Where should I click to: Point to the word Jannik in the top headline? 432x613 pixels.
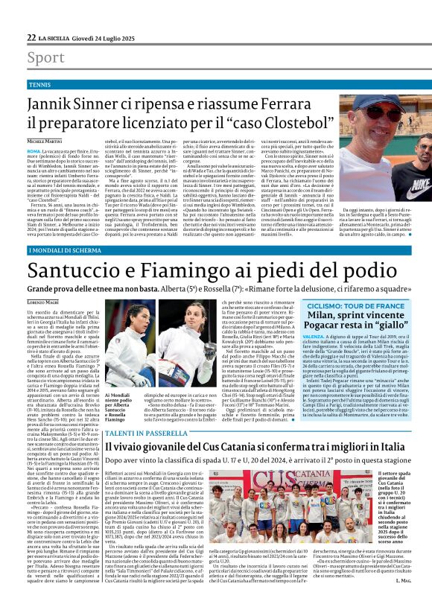pyautogui.click(x=52, y=102)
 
